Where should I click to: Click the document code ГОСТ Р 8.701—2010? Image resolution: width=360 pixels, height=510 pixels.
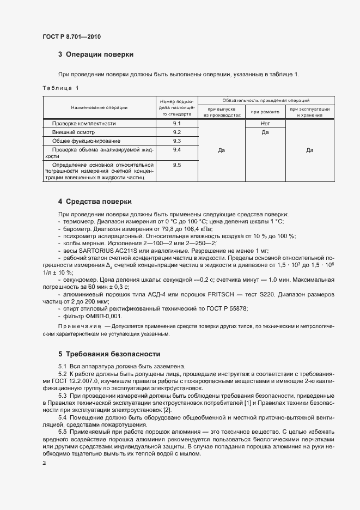pyautogui.click(x=71, y=37)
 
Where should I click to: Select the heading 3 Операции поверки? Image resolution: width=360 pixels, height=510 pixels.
pyautogui.click(x=95, y=54)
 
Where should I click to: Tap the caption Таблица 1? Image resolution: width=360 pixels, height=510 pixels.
pyautogui.click(x=60, y=88)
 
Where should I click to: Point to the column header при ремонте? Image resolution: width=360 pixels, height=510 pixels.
pyautogui.click(x=265, y=112)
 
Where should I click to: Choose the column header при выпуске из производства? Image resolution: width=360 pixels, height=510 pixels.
pyautogui.click(x=222, y=112)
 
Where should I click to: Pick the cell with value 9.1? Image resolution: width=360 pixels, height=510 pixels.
pyautogui.click(x=176, y=124)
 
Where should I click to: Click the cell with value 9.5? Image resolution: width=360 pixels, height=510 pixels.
pyautogui.click(x=176, y=165)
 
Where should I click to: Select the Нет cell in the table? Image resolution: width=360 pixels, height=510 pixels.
pyautogui.click(x=265, y=124)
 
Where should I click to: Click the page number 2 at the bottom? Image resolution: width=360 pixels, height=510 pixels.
pyautogui.click(x=44, y=463)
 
